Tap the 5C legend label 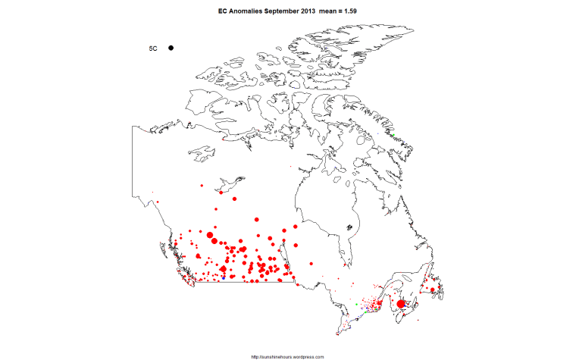coord(153,48)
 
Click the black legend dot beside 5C coord(171,48)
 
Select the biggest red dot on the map coord(401,304)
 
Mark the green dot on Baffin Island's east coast coord(393,136)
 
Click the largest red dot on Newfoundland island coord(432,290)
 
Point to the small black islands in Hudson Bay coord(349,226)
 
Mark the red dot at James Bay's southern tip coord(346,266)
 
